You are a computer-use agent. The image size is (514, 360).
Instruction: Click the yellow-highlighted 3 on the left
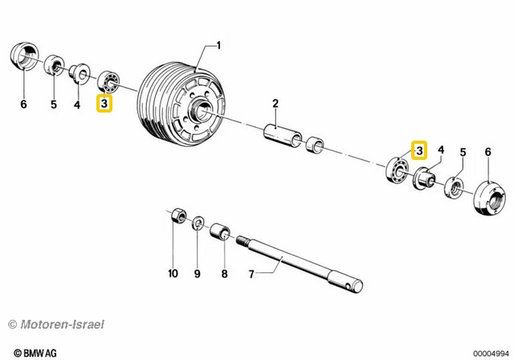pos(104,103)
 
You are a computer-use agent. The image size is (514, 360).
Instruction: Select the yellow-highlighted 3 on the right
pos(419,149)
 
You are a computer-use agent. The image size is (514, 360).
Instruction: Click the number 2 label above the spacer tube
pos(275,103)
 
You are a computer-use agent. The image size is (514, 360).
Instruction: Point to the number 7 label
pos(251,274)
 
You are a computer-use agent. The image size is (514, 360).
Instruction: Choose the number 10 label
pos(173,274)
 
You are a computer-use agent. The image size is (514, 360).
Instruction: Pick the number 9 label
pos(198,274)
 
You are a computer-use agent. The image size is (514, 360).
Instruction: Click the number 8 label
pos(225,274)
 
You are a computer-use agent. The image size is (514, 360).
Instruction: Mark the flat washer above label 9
pos(198,223)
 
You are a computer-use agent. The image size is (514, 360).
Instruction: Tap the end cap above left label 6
pos(25,59)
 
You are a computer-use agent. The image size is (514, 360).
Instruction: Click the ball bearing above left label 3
pos(108,82)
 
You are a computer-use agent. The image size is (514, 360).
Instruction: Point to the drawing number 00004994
pos(491,352)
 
